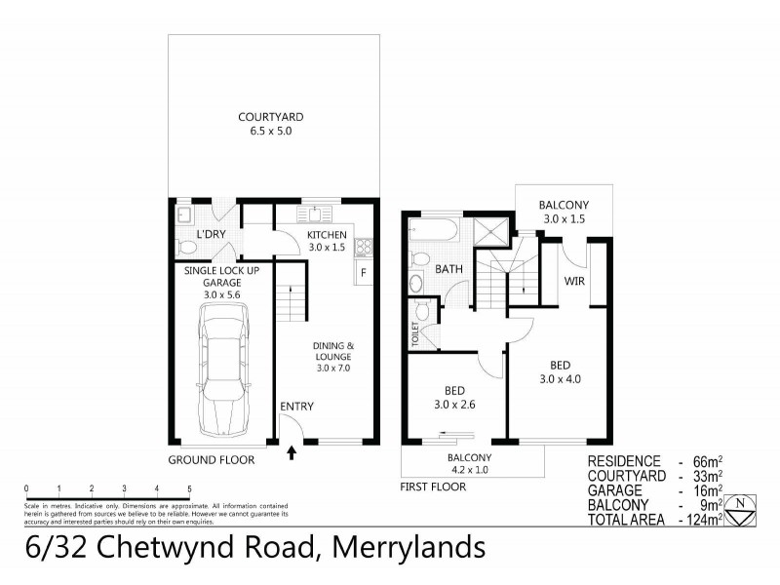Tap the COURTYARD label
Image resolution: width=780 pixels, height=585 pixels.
coord(264,119)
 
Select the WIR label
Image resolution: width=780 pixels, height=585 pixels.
coord(573,282)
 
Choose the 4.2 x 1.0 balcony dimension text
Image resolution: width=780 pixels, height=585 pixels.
coord(469,469)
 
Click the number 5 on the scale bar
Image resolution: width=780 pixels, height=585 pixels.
coord(189,488)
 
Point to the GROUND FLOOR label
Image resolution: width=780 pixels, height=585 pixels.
coord(211,459)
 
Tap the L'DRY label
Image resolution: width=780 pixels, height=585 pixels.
coord(212,236)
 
